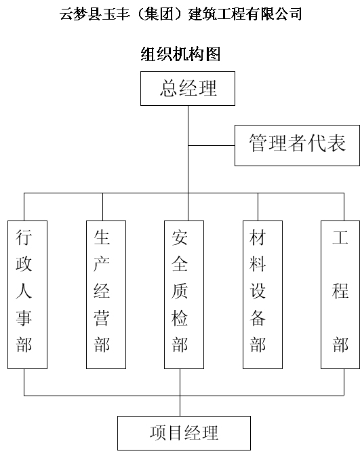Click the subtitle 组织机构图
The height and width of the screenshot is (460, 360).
(180, 54)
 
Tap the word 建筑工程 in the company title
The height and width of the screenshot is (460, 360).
(217, 14)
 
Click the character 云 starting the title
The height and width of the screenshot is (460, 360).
(67, 14)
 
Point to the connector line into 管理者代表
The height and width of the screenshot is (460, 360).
(212, 145)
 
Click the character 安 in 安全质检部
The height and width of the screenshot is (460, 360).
(180, 237)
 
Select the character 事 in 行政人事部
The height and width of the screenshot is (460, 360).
(24, 318)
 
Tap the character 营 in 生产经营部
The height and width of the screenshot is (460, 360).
(102, 318)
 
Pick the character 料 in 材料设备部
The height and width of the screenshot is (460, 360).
(258, 264)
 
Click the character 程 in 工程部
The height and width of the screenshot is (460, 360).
(340, 290)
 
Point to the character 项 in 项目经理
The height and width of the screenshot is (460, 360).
(159, 433)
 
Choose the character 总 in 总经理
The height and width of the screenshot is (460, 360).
(169, 88)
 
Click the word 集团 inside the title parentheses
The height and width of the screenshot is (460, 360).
(159, 14)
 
